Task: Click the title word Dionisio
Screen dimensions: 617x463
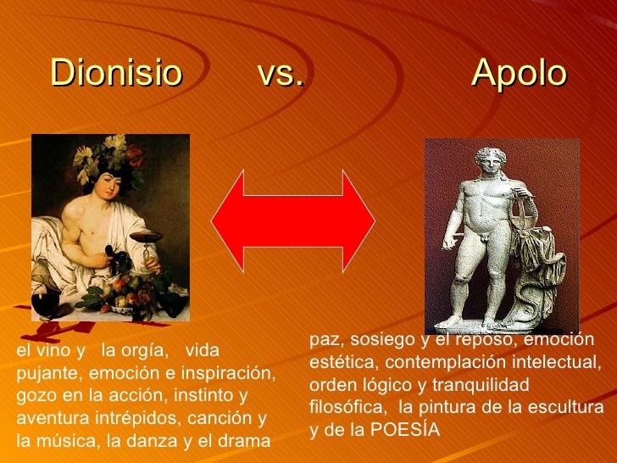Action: [116, 72]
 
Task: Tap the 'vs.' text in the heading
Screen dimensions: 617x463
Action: [281, 73]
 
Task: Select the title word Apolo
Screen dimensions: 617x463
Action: [519, 75]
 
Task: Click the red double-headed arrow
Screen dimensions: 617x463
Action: [293, 221]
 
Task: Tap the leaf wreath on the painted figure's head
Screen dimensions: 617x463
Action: [109, 158]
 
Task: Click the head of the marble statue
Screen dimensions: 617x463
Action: [490, 160]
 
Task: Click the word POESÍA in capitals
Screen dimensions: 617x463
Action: [405, 430]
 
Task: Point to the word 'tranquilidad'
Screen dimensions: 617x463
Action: [481, 385]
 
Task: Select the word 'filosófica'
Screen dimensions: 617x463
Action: [347, 407]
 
